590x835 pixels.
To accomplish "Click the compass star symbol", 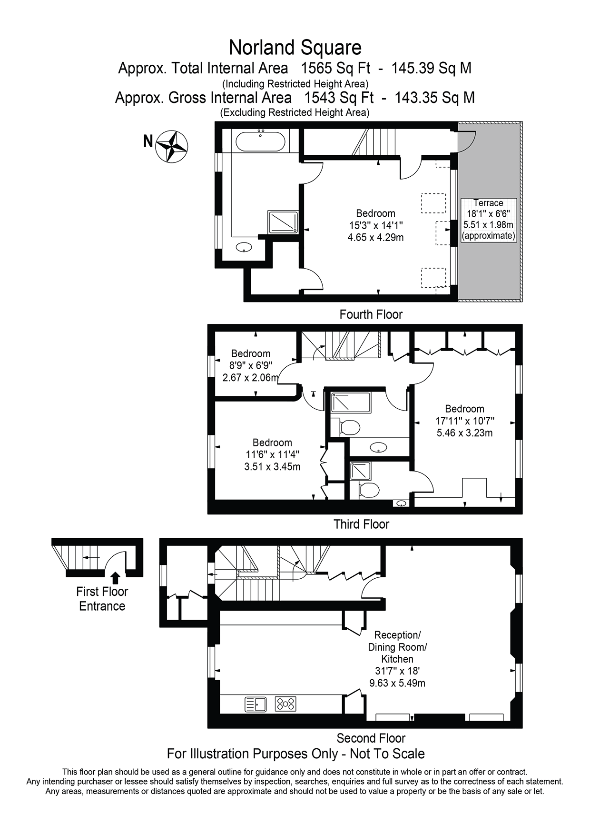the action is tap(172, 147).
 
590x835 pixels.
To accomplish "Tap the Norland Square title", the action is tap(295, 48).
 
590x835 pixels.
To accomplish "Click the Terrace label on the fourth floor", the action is tap(488, 203).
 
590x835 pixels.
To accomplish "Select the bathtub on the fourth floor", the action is tap(261, 141).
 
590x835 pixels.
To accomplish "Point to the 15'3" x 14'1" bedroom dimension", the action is tap(376, 225).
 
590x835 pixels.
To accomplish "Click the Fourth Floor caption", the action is tap(371, 314).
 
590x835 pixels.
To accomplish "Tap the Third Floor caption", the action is tap(362, 524).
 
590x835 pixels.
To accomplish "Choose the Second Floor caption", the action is tap(371, 738).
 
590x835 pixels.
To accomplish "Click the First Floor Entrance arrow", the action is tap(115, 578).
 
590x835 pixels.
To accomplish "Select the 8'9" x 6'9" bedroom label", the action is tap(251, 366).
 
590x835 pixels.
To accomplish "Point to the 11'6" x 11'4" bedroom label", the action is tap(272, 455).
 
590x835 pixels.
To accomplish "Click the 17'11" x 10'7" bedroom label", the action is tap(465, 421).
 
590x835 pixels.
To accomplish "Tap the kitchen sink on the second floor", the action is tap(256, 704).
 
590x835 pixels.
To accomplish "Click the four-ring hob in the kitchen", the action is tap(285, 704).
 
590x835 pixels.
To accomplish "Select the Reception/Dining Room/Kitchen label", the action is tap(398, 659).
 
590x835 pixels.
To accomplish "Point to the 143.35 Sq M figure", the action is tap(435, 98).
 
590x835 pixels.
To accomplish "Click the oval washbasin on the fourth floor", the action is tap(245, 247).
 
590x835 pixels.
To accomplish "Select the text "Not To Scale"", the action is tap(387, 754).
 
